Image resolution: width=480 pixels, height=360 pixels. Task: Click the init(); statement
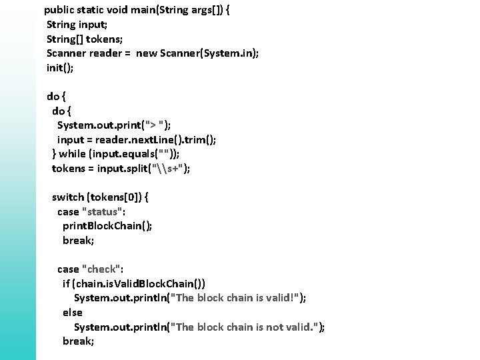[60, 67]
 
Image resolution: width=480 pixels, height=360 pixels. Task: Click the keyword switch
[68, 197]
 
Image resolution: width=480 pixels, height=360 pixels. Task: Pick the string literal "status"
[102, 211]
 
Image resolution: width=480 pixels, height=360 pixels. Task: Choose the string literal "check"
[101, 269]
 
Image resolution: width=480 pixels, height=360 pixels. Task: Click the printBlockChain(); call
[107, 225]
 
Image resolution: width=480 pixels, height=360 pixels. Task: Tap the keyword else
[73, 312]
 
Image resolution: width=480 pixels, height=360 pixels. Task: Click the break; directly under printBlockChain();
[79, 240]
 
